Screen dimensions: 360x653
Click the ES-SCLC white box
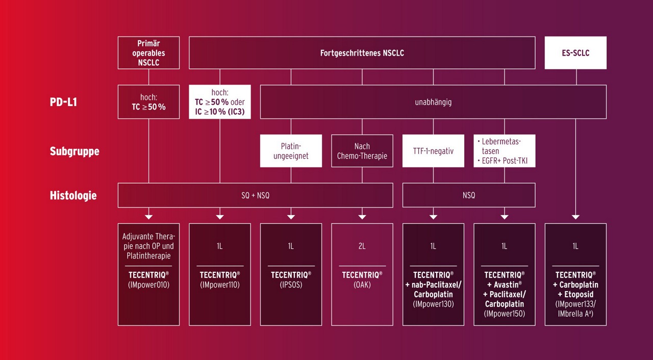(x=575, y=53)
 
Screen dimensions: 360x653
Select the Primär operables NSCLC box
(x=148, y=53)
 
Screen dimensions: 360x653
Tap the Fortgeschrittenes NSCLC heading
(x=362, y=53)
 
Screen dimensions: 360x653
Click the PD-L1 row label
(x=63, y=102)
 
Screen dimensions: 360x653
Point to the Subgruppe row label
(x=74, y=151)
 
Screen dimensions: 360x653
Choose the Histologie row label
(x=73, y=195)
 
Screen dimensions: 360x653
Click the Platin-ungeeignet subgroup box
(x=291, y=151)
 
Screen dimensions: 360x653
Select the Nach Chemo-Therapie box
(x=362, y=151)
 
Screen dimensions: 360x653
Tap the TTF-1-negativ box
(x=433, y=151)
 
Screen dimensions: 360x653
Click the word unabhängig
(x=433, y=102)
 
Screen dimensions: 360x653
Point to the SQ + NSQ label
(x=255, y=195)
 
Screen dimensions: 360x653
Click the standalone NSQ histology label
(x=469, y=195)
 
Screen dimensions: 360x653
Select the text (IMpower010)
(x=148, y=285)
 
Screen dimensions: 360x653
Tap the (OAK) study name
(x=362, y=285)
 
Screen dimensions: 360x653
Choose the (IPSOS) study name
(x=291, y=285)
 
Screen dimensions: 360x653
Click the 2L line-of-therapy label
(x=362, y=246)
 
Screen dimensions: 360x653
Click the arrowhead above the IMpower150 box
(x=505, y=217)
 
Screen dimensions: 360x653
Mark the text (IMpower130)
(x=433, y=304)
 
